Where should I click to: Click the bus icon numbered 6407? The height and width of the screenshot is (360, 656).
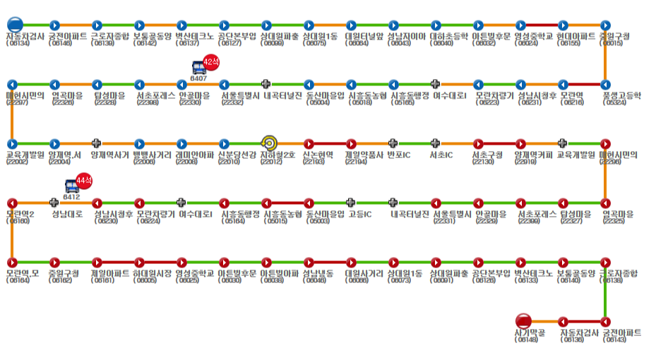199,68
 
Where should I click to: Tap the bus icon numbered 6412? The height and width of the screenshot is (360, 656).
72,187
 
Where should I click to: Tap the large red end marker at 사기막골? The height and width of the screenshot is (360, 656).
523,321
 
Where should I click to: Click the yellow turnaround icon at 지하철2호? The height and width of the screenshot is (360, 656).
268,143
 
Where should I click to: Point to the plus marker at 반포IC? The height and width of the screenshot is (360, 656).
393,143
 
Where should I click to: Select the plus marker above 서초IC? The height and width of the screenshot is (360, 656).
436,143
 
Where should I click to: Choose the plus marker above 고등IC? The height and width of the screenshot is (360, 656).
351,203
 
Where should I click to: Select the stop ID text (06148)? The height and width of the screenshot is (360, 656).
527,340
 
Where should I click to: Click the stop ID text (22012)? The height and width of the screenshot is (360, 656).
271,162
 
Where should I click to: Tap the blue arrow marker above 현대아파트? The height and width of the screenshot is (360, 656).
563,25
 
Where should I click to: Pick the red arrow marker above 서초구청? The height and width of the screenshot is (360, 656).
478,143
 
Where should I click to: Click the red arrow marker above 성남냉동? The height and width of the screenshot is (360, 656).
309,262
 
